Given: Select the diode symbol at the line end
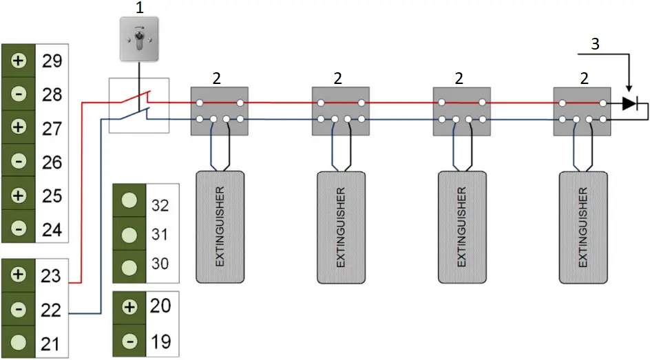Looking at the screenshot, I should point(629,104).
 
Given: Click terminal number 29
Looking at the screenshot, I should point(52,61).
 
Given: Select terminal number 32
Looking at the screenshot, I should point(160,204).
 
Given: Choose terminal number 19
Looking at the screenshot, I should point(160,340).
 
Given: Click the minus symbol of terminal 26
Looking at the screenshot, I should point(19,162).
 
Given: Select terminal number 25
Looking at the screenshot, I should point(52,195).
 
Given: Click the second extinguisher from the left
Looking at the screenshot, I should point(342,226).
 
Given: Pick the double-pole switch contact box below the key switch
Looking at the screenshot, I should point(139,105).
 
